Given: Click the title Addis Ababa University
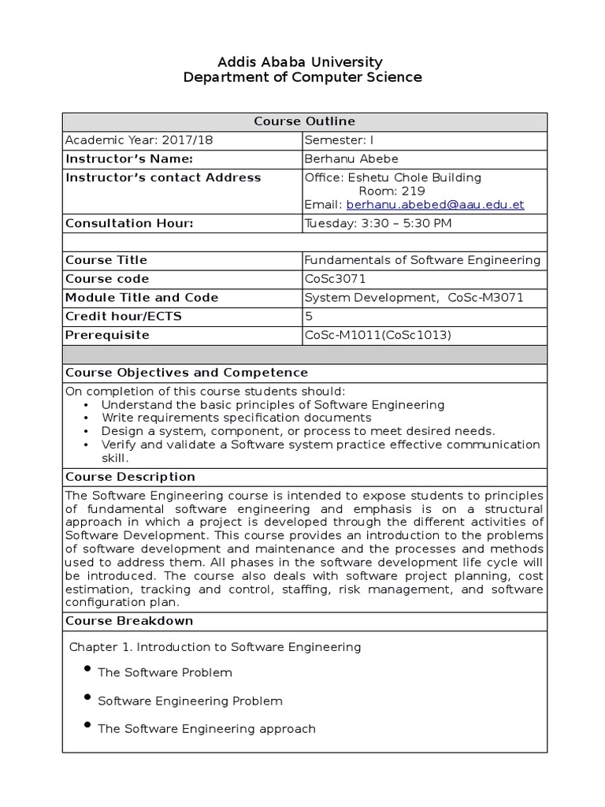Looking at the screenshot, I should coord(302,61).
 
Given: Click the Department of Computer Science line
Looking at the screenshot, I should coord(302,77).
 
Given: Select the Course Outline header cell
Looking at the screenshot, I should coord(304,121).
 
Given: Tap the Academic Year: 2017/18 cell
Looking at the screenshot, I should coord(139,140).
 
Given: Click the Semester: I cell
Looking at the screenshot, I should coord(336,140).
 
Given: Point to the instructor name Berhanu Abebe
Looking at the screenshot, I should coord(351,159).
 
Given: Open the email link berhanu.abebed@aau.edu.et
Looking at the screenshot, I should coord(435,205).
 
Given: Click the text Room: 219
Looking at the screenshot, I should coord(392,191).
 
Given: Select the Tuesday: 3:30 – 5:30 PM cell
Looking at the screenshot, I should coord(378,224).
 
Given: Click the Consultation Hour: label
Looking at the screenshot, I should coord(129,224).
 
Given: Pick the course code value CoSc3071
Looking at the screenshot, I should coord(335,279).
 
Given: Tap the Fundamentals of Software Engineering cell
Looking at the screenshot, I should coord(422,260).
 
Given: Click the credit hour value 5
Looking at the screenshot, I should coord(309,317).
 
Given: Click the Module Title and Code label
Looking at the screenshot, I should coord(142,298).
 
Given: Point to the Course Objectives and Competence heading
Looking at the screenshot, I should coord(187,373).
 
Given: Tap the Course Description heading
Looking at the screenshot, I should coord(130,477).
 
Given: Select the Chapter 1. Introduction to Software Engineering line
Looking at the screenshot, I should coord(215,647).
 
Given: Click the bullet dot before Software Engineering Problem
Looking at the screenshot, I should coord(86,697).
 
